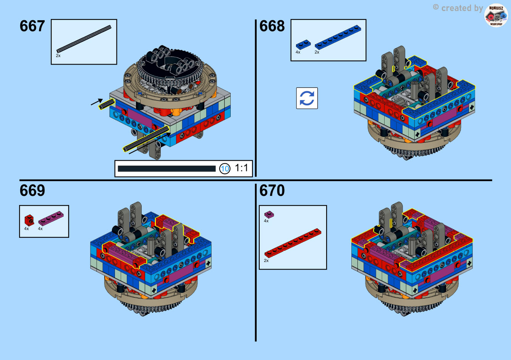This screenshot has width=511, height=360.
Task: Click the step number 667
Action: coord(32,26)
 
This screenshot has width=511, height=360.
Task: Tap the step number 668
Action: coord(272,26)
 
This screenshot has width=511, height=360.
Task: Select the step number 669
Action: coord(32,190)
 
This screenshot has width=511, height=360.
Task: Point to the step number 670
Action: coord(272,190)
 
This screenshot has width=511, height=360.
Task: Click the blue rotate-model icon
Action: coord(307,98)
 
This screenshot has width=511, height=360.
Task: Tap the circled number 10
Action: coord(225,169)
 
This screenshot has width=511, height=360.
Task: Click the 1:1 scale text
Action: coord(241,168)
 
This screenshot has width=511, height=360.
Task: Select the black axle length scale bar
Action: coord(167,169)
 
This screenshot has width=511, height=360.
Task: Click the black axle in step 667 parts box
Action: coord(84,39)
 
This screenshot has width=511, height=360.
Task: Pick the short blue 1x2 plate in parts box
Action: coord(303,44)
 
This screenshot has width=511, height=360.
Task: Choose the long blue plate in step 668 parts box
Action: coord(338,37)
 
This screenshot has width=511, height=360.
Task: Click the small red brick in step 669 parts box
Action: coord(29,220)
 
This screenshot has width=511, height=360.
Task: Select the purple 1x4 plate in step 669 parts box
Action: coord(51,218)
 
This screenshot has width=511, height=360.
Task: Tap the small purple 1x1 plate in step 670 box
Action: coord(269,215)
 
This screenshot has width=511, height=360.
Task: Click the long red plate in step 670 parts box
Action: coord(293,243)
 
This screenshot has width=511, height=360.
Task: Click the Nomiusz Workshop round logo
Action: coord(496,16)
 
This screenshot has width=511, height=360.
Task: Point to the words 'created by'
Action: coord(462,8)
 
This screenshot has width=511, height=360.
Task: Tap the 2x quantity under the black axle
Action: coord(58,56)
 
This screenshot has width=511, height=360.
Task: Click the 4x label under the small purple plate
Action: coord(266,221)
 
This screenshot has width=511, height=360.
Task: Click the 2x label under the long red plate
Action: coord(266,260)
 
